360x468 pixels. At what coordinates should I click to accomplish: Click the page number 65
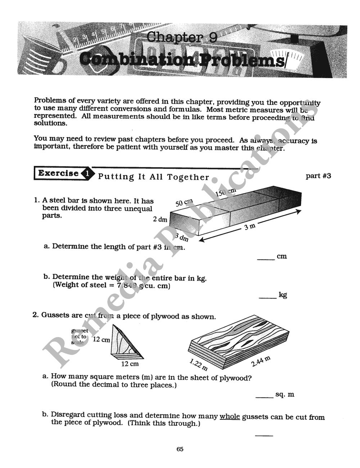(180, 449)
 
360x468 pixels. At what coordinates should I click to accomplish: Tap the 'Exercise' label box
(58, 173)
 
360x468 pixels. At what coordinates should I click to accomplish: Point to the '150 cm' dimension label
(225, 192)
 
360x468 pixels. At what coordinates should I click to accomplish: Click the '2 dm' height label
(160, 219)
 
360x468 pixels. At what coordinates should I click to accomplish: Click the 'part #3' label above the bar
(318, 176)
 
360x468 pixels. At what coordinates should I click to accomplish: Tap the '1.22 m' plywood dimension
(198, 365)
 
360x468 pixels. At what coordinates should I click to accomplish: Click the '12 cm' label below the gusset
(130, 364)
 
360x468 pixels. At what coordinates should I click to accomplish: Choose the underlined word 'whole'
(230, 416)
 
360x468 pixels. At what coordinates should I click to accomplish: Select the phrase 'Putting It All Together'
(153, 177)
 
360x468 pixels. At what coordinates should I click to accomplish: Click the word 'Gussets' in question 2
(55, 315)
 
